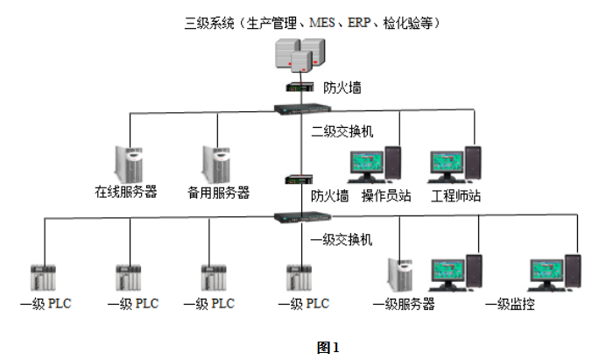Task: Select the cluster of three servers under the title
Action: tap(298, 57)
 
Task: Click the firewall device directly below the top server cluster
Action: tap(299, 88)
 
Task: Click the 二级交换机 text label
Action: tap(342, 131)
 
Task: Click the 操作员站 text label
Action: tap(386, 195)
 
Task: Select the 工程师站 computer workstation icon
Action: tap(455, 165)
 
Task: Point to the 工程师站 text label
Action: tap(455, 195)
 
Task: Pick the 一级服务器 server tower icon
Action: tap(401, 275)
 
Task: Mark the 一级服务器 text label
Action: tap(404, 305)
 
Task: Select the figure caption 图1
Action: tap(328, 347)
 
